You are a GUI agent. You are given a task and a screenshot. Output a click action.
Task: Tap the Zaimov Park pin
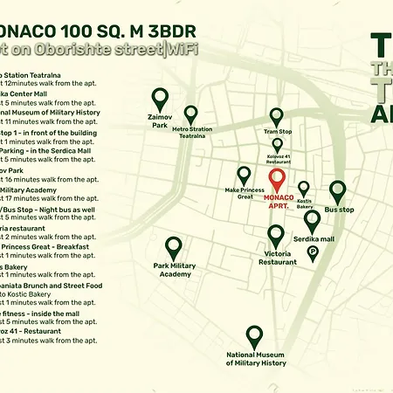tap(159, 99)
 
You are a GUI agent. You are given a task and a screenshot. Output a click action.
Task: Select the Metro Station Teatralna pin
tap(190, 114)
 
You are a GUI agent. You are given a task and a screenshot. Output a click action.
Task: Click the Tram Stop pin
tap(277, 116)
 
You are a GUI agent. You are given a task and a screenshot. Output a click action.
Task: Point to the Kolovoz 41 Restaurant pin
tap(277, 145)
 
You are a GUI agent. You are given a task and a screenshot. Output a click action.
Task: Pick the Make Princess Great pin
tap(245, 174)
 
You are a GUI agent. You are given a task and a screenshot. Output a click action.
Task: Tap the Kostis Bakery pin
tap(304, 188)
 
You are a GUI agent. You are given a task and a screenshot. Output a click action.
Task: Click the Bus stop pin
tap(339, 191)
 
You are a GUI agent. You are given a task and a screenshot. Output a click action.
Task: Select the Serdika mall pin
tap(312, 221)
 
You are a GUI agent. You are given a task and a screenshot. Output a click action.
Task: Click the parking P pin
tap(313, 252)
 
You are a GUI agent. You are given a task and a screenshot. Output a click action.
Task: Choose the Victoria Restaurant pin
tap(276, 236)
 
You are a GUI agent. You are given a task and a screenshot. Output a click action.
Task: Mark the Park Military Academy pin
tap(173, 248)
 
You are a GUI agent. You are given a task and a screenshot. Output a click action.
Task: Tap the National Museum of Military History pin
tap(255, 336)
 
